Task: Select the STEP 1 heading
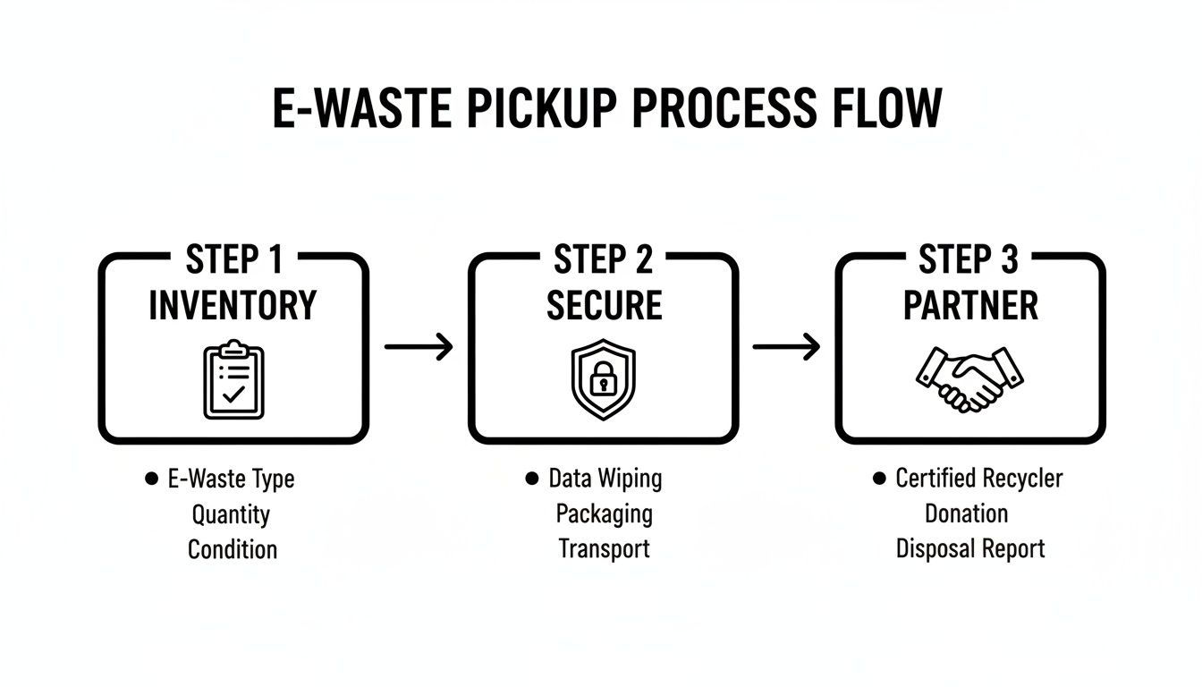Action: pyautogui.click(x=233, y=260)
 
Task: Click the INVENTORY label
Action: pyautogui.click(x=233, y=305)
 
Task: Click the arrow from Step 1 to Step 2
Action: pyautogui.click(x=419, y=347)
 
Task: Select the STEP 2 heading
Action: pyautogui.click(x=604, y=260)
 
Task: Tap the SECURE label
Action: pyautogui.click(x=604, y=305)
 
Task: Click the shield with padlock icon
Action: pyautogui.click(x=604, y=378)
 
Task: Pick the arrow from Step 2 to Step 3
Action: pyautogui.click(x=786, y=347)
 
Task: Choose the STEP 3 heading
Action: pyautogui.click(x=969, y=260)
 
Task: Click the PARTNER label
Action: pyautogui.click(x=970, y=305)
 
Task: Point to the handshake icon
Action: pyautogui.click(x=970, y=378)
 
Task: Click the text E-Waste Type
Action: pyautogui.click(x=231, y=479)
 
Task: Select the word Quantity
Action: pyautogui.click(x=231, y=514)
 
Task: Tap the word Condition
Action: pyautogui.click(x=233, y=549)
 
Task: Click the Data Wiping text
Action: pyautogui.click(x=605, y=479)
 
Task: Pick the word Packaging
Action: pyautogui.click(x=605, y=514)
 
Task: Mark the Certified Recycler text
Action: pyautogui.click(x=978, y=479)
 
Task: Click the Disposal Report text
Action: pyautogui.click(x=970, y=549)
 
